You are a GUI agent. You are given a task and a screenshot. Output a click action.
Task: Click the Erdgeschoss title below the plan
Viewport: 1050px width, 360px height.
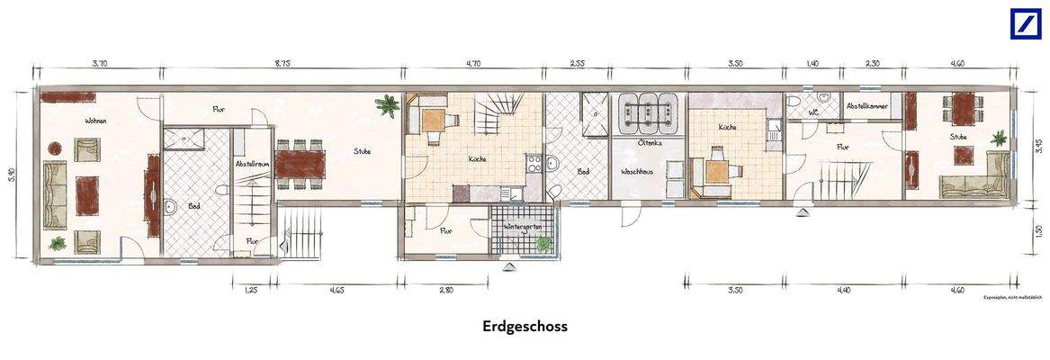(525, 327)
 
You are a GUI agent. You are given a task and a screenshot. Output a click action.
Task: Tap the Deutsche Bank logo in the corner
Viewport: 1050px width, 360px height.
(1024, 23)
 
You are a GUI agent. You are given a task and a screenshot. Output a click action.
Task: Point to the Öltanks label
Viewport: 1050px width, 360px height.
(650, 142)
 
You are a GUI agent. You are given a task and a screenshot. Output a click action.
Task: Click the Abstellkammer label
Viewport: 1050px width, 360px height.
(866, 106)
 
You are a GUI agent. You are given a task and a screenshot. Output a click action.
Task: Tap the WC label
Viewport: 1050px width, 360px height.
(812, 113)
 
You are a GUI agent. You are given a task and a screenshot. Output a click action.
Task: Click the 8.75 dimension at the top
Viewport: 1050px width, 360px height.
(282, 64)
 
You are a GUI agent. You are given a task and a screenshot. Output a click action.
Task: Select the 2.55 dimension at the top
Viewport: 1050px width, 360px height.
(579, 64)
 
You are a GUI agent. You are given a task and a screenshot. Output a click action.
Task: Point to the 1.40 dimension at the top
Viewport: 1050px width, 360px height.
(812, 64)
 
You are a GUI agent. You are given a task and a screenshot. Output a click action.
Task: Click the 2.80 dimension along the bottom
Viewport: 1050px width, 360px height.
(446, 291)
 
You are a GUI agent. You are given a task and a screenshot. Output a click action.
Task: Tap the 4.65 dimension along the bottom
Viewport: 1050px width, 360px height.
(337, 291)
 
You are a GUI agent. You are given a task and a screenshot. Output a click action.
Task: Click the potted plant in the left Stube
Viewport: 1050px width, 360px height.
(389, 105)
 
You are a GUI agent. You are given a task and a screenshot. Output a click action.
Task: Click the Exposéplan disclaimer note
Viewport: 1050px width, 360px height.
(1011, 296)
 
